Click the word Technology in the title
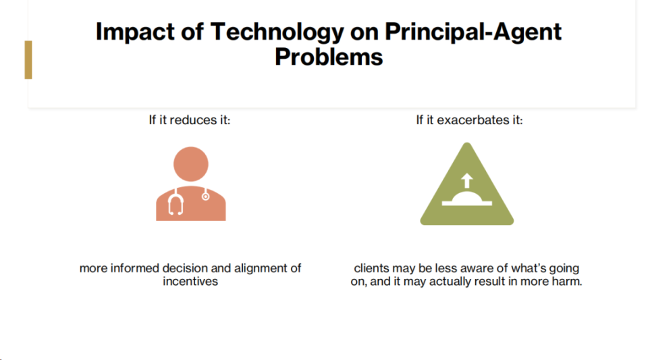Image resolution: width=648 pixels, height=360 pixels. [x=277, y=32]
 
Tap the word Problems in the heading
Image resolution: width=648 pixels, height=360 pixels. [x=329, y=57]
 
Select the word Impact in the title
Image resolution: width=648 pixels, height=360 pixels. [x=135, y=32]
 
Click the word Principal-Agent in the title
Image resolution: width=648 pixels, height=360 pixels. [x=473, y=32]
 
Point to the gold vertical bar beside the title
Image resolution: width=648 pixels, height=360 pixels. [x=28, y=60]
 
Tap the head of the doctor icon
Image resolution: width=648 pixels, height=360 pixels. [x=191, y=164]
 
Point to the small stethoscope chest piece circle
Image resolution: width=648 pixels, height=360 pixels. [x=205, y=197]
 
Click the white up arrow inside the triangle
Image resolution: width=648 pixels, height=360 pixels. [x=467, y=180]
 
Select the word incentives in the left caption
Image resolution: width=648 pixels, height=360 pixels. [x=190, y=282]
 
